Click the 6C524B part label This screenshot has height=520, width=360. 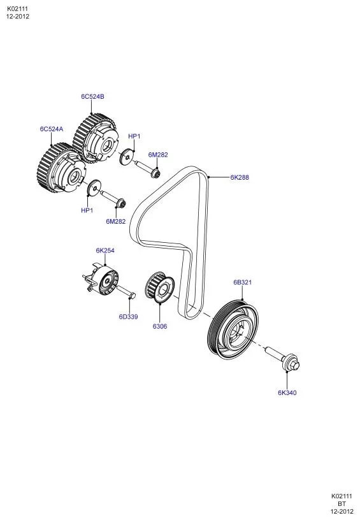(x=92, y=96)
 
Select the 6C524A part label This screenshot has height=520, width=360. (x=52, y=129)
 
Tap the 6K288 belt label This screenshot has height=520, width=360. (x=240, y=177)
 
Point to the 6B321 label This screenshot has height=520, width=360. (x=242, y=282)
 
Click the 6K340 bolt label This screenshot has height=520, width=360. (x=287, y=393)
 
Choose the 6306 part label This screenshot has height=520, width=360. (x=160, y=326)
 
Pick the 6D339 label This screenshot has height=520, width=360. (x=128, y=317)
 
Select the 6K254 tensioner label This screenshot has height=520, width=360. (x=105, y=250)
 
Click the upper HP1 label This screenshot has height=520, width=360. (x=134, y=136)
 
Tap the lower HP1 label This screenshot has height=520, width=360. (x=87, y=210)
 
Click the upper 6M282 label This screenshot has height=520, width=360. (x=158, y=155)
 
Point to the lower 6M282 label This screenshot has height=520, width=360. (x=116, y=222)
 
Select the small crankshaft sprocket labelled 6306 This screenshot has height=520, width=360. (x=159, y=287)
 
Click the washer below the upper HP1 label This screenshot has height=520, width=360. (x=126, y=157)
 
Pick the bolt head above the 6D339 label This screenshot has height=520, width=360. (x=131, y=295)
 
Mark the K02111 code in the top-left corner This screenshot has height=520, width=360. (x=17, y=9)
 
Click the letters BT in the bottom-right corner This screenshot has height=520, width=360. (x=342, y=503)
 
